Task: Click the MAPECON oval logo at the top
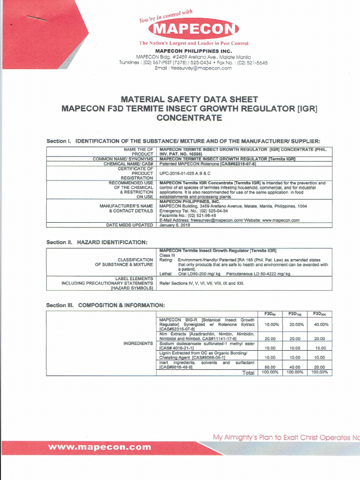click(x=193, y=30)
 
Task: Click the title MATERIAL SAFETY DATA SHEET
click(x=189, y=99)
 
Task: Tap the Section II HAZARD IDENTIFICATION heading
click(x=97, y=242)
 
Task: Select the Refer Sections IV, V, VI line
click(x=202, y=284)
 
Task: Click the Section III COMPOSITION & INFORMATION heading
click(x=105, y=306)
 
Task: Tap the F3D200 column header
click(x=320, y=314)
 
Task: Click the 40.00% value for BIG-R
click(x=321, y=324)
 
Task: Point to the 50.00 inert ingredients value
click(x=270, y=367)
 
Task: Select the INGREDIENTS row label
click(x=138, y=344)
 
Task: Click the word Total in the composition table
click(x=248, y=373)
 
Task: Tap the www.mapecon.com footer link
click(x=99, y=447)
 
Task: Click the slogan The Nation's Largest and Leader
click(x=194, y=43)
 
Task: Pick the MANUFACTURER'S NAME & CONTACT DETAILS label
click(x=126, y=208)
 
